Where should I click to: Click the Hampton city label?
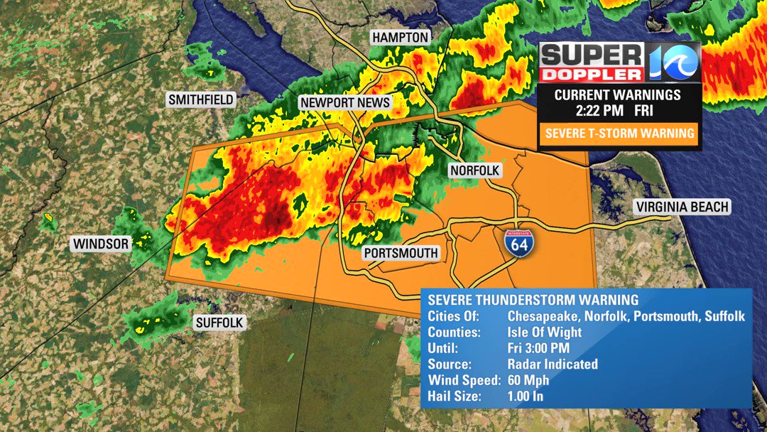click(401, 38)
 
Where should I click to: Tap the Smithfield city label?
click(201, 99)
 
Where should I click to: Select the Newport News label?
click(345, 102)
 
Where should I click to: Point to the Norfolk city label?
click(475, 171)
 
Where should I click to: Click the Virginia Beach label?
click(682, 207)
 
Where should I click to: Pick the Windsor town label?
click(101, 244)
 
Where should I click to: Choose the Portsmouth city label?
click(401, 253)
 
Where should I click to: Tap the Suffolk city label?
click(219, 323)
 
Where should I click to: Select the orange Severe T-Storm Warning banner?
click(618, 133)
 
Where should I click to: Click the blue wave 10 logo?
click(673, 62)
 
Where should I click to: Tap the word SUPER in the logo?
click(592, 54)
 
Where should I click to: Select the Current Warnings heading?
click(618, 94)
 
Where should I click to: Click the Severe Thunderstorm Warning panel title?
click(533, 300)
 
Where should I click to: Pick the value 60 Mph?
click(528, 380)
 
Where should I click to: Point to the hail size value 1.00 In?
click(526, 396)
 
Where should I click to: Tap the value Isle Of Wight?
click(545, 332)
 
